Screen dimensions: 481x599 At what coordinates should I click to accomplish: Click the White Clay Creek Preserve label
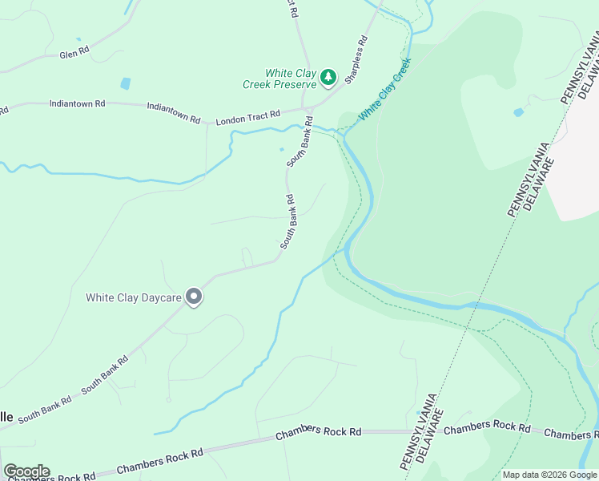coord(280,78)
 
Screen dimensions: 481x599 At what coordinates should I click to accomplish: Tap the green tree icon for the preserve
coord(328,78)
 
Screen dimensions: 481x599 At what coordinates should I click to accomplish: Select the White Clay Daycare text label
coord(134,297)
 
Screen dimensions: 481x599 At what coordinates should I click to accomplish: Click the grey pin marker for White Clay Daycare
coord(194,297)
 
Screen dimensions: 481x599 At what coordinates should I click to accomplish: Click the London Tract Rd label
coord(248,118)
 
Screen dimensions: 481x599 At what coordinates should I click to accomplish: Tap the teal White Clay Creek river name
coord(384,89)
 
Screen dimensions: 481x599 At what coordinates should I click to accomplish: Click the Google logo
coord(26,471)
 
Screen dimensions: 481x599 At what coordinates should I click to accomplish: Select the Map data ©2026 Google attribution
coord(549,475)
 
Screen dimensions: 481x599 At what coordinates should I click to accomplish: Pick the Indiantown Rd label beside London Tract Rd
coord(174,112)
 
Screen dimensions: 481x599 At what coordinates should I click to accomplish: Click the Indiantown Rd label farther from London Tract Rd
coord(77,103)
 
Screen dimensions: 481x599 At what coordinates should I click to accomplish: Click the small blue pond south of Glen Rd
coord(125,83)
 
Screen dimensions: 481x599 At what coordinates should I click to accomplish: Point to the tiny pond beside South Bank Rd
coord(281,149)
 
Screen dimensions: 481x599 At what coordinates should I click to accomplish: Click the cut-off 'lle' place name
coord(6,417)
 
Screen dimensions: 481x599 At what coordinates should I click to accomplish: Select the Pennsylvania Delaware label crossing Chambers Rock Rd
coord(419,430)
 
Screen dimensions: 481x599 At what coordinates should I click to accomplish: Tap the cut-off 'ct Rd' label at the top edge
coord(291,8)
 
